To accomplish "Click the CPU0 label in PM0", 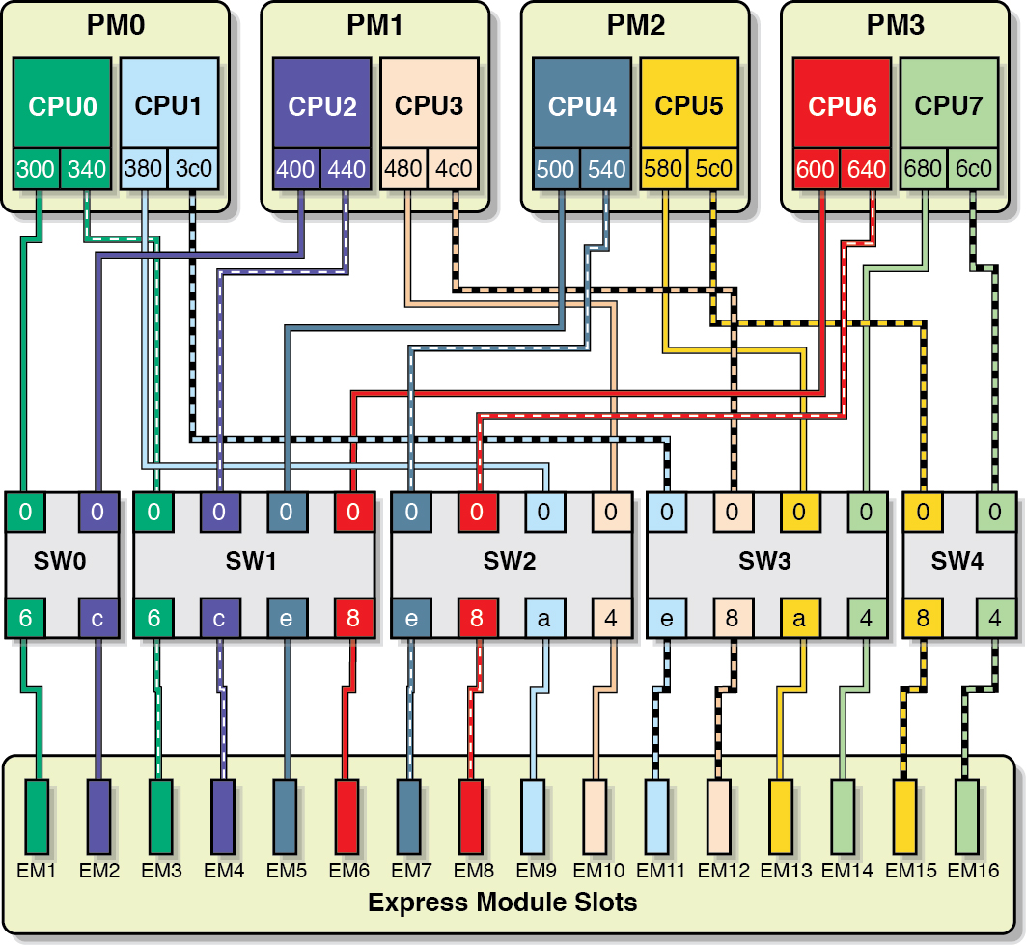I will point(63,105).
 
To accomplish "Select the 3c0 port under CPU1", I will point(193,169).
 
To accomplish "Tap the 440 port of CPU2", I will point(347,169).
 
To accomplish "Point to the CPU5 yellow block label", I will point(688,105).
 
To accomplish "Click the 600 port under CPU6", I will point(816,169).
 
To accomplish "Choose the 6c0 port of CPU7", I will point(973,169).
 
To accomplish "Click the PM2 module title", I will point(635,25).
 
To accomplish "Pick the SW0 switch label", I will point(62,561).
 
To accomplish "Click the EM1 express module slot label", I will point(37,871).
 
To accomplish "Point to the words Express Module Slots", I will point(503,903).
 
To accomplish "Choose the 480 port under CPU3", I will point(403,169).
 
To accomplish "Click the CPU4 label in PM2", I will point(582,105).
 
